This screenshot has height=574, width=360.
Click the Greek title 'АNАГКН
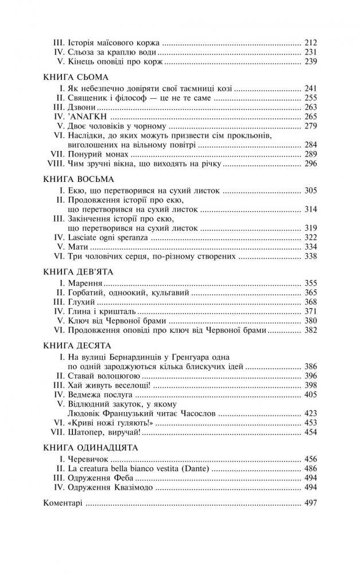pos(85,117)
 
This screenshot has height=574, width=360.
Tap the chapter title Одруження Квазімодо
pos(111,487)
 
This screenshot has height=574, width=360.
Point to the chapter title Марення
pos(84,284)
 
